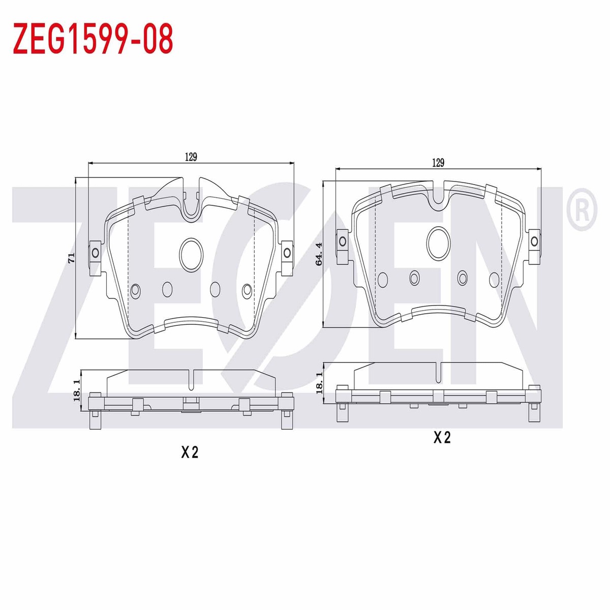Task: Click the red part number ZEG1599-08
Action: click(x=93, y=38)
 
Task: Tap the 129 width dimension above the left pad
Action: click(x=191, y=157)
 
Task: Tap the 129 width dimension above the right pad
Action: click(x=438, y=163)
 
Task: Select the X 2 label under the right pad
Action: click(x=442, y=438)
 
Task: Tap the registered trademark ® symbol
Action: click(x=582, y=209)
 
